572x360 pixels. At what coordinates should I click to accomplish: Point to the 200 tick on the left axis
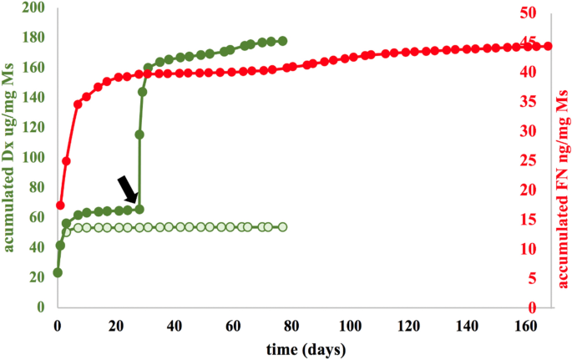coord(34,8)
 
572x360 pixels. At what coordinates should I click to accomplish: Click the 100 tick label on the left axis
coord(34,157)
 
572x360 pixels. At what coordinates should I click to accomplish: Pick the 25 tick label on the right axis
coord(531,160)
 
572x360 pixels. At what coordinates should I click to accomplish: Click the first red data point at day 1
coord(60,205)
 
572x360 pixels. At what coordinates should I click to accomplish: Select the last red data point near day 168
coord(549,46)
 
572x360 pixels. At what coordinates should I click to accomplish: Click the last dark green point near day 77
coord(282,41)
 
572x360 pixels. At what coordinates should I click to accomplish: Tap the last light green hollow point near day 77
coord(282,227)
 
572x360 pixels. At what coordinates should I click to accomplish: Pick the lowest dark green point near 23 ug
coord(58,272)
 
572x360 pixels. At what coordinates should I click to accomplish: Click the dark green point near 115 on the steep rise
coord(139,134)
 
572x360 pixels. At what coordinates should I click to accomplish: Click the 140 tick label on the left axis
coord(34,98)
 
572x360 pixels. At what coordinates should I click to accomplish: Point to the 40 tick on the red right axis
coord(531,71)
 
